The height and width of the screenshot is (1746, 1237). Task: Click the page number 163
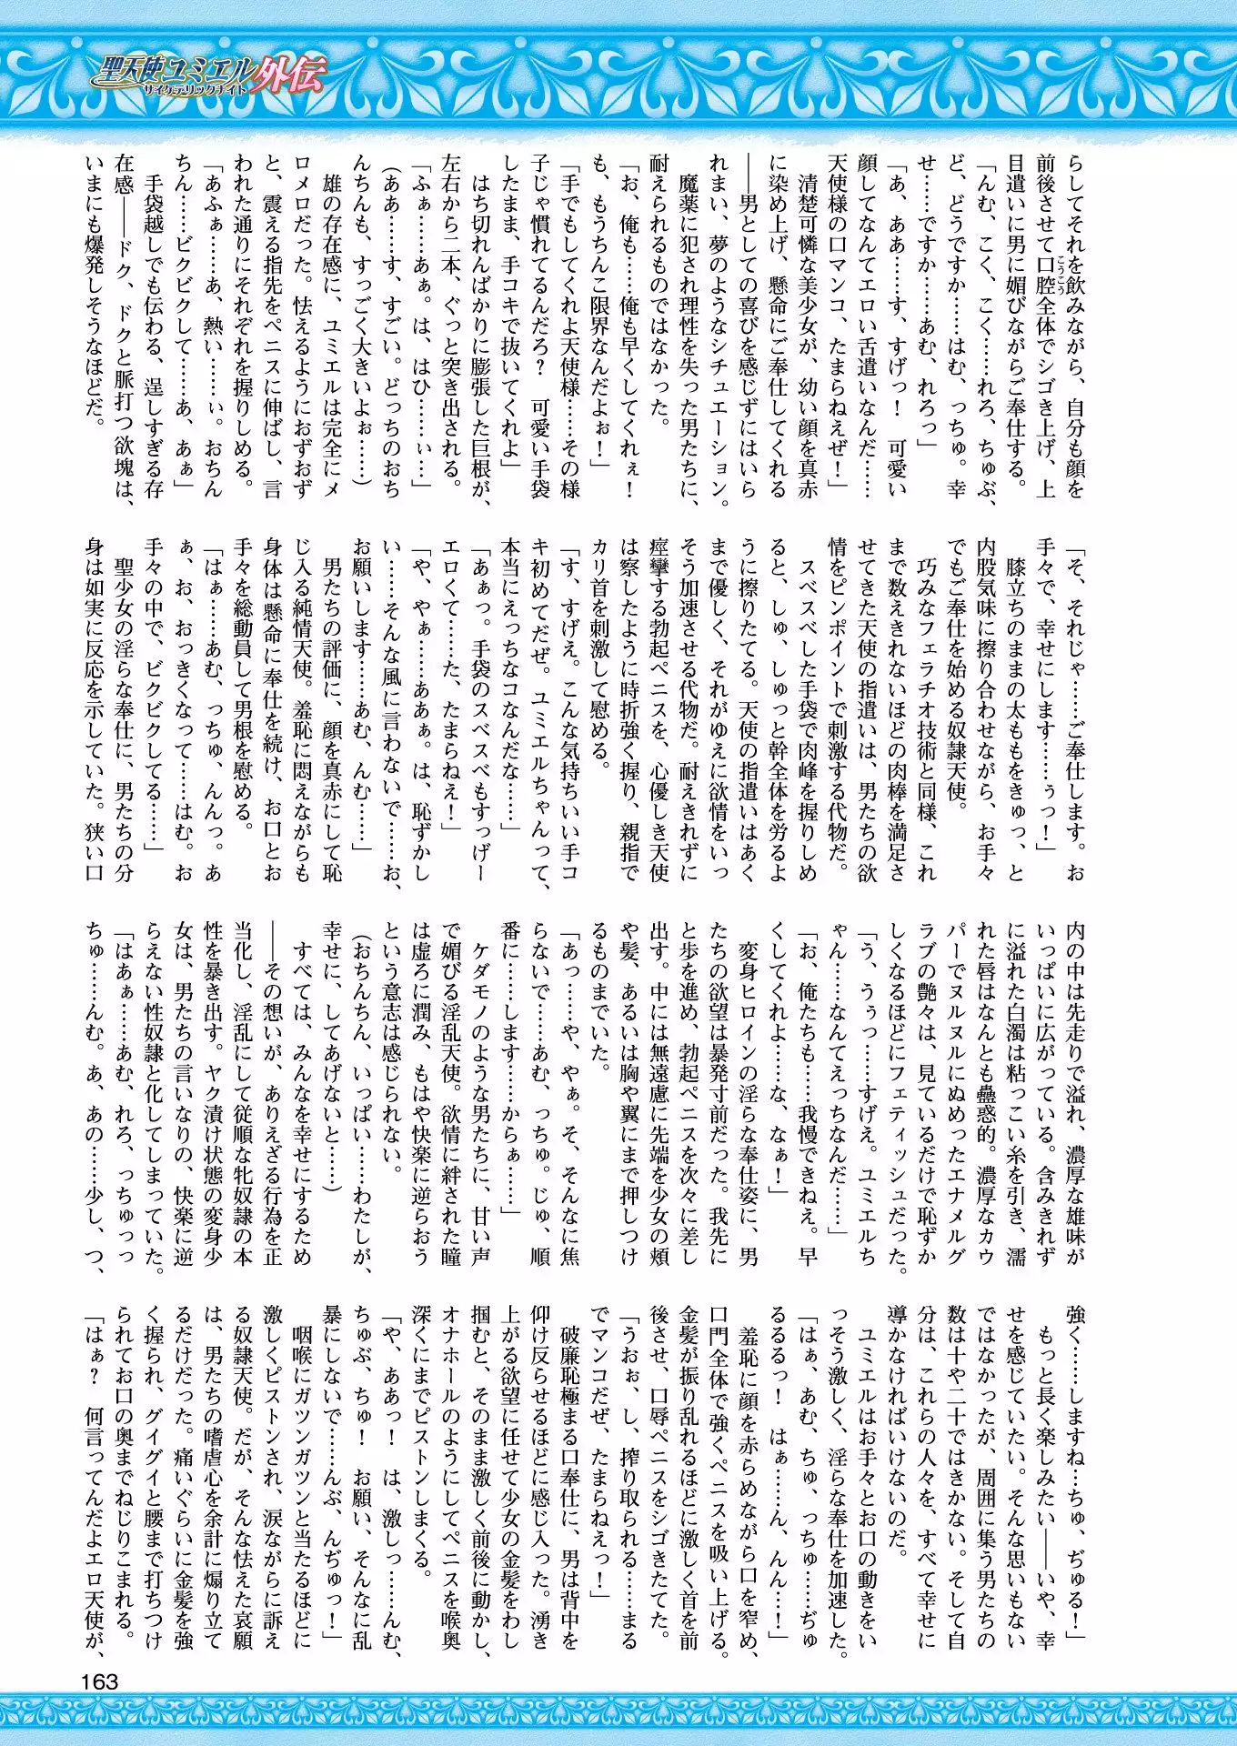pyautogui.click(x=99, y=1681)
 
